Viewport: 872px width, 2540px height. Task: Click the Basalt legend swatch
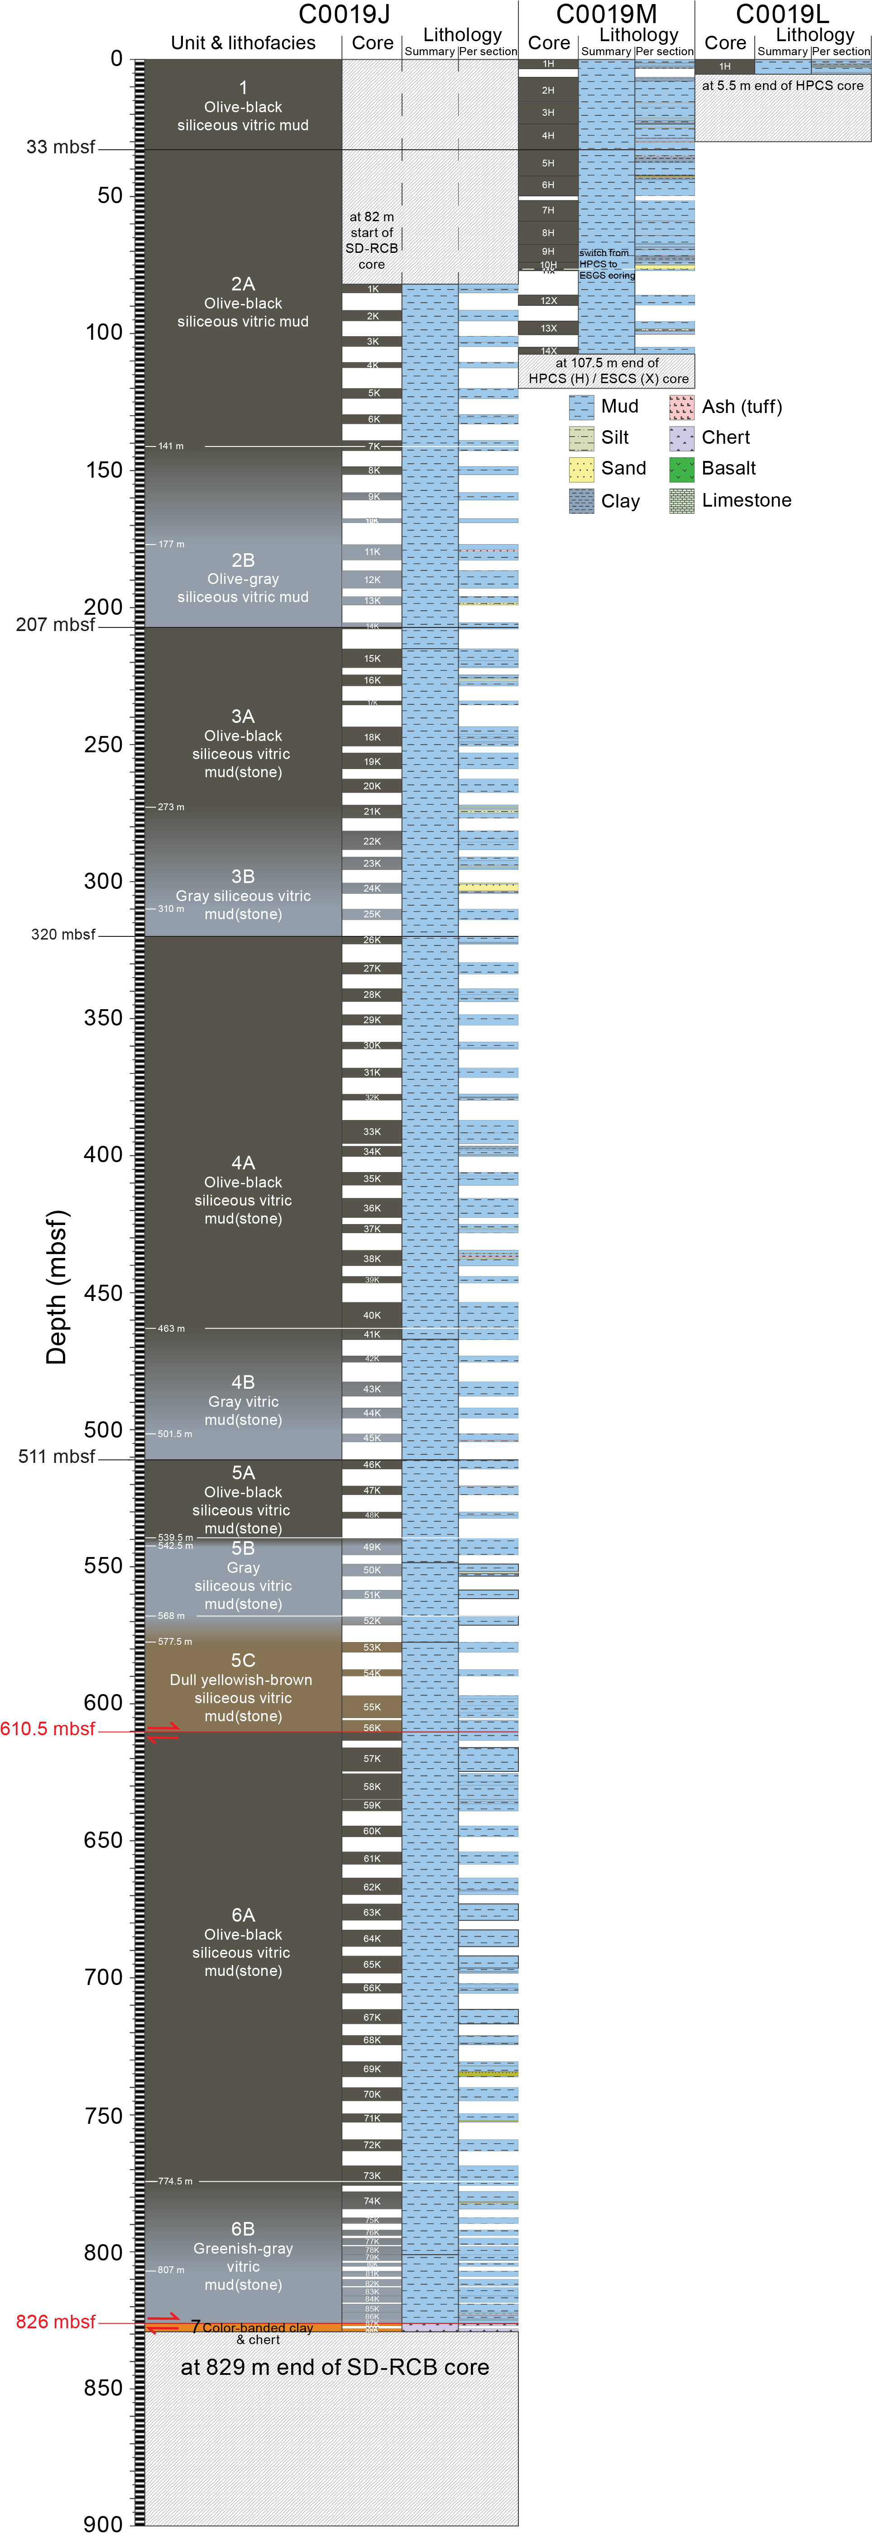(682, 470)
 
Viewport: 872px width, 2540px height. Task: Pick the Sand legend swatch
(582, 470)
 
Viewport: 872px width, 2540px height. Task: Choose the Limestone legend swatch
(682, 501)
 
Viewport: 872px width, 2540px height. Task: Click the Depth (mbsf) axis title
(57, 1287)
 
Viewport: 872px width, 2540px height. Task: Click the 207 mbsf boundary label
(55, 624)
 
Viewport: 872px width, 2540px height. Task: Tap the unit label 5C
(243, 1661)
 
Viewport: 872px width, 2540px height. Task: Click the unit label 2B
(243, 560)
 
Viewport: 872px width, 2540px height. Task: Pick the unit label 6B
(243, 2228)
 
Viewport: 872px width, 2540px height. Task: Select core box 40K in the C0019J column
(372, 1315)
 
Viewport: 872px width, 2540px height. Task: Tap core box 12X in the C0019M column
(548, 301)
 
